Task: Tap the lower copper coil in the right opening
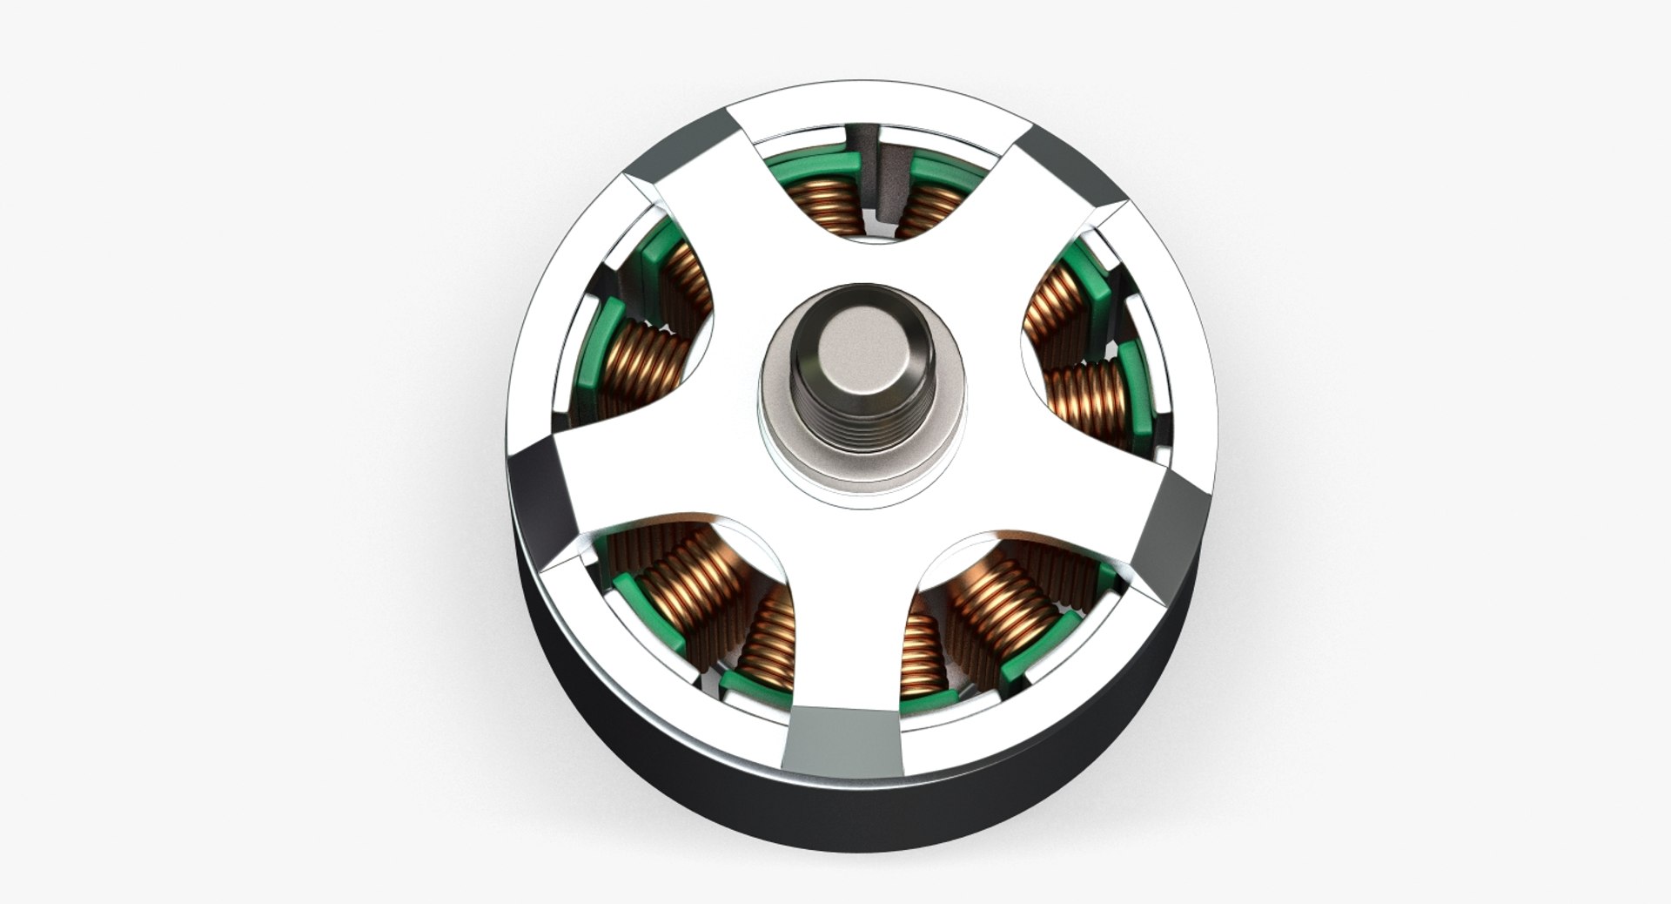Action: coord(1088,401)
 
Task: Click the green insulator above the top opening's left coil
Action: coord(814,165)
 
